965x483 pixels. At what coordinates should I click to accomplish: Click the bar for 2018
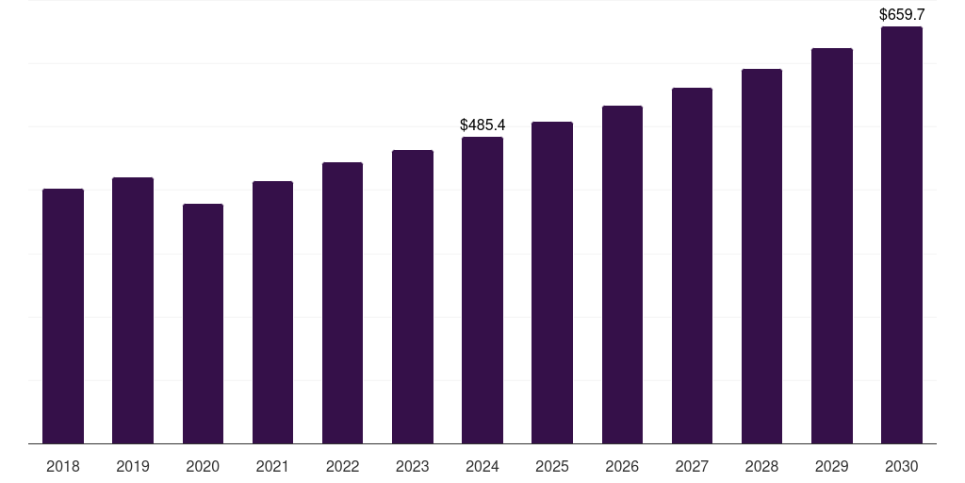(x=63, y=316)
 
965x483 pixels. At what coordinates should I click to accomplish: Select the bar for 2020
(x=204, y=324)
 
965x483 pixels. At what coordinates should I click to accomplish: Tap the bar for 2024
(x=482, y=291)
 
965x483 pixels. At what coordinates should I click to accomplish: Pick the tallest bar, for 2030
(x=902, y=235)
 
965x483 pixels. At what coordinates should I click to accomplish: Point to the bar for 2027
(x=692, y=265)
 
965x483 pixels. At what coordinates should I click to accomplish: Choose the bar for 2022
(x=342, y=303)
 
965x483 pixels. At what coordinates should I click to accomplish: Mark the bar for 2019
(x=133, y=310)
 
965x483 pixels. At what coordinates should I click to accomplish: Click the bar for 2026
(x=622, y=275)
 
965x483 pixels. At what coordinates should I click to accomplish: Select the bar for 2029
(x=832, y=246)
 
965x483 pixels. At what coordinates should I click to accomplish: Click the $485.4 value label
(x=482, y=125)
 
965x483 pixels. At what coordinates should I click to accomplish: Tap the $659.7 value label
(x=902, y=14)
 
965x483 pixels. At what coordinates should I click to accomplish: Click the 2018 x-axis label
(x=63, y=466)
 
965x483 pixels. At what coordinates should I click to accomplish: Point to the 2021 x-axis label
(x=272, y=466)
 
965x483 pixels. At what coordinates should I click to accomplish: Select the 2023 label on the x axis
(x=413, y=466)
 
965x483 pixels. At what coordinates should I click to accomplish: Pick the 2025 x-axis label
(x=552, y=466)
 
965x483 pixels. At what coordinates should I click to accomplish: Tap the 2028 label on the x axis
(x=761, y=466)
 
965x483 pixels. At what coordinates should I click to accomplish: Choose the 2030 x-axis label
(x=902, y=466)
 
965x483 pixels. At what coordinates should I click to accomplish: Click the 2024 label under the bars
(x=482, y=466)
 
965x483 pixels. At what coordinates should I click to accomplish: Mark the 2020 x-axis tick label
(x=204, y=466)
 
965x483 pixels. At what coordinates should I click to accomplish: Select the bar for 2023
(x=413, y=297)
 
